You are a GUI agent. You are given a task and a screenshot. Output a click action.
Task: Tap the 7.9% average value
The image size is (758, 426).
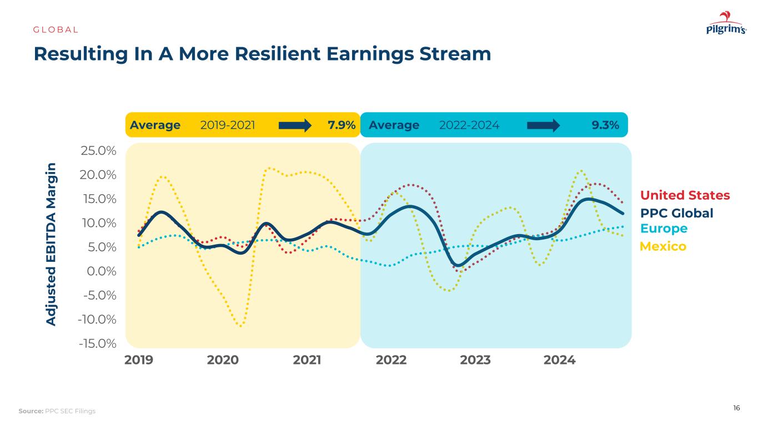[342, 125]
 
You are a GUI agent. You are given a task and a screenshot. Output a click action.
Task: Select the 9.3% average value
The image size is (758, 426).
[605, 125]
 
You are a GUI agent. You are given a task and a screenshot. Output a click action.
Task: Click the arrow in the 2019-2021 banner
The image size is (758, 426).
[295, 125]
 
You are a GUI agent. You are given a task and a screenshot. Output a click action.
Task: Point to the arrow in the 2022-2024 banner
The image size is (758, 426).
[543, 125]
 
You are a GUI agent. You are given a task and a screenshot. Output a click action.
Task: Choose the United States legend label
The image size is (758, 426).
[685, 196]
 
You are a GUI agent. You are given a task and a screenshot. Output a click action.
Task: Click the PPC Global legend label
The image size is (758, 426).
[676, 214]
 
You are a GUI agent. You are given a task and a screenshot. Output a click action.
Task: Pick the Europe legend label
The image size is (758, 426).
[664, 229]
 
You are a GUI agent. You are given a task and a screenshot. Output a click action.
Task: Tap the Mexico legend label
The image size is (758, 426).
[663, 246]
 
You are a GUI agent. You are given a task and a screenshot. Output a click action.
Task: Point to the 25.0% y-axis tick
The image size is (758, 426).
[99, 151]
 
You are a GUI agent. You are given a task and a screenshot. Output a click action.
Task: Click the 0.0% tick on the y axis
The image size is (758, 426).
[101, 271]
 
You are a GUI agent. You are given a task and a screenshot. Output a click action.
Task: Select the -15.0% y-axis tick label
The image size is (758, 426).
[97, 343]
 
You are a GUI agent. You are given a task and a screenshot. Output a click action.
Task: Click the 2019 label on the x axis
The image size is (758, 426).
[139, 360]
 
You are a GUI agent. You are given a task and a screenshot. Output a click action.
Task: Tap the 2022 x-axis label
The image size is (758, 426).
[391, 360]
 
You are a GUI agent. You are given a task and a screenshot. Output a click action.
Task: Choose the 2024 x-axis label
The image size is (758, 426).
[559, 360]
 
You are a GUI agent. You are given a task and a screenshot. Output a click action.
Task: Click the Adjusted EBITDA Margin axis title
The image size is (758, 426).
[51, 244]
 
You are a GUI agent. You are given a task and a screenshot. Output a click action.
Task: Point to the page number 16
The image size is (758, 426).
[736, 408]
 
